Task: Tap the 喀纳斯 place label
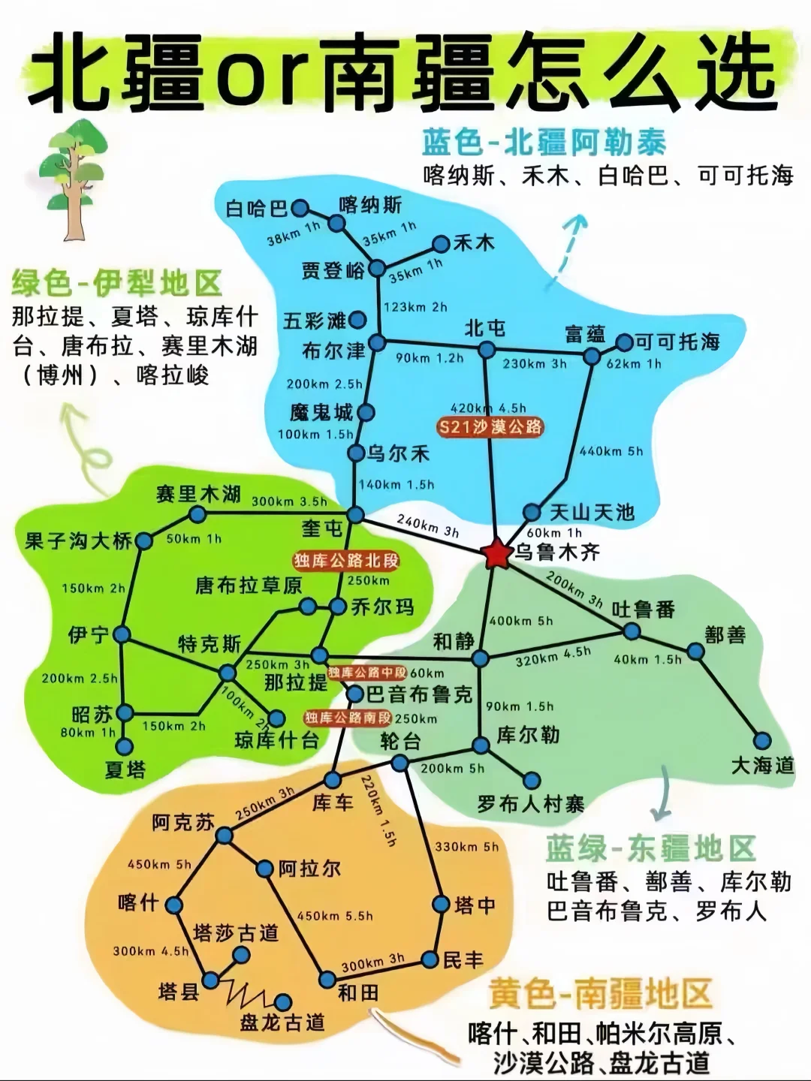coord(370,205)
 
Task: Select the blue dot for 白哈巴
coord(300,208)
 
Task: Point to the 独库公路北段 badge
coord(346,561)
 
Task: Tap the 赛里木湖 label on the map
coord(198,494)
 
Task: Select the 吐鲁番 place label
coord(644,609)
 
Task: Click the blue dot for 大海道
coord(762,740)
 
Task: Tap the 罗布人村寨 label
coord(531,804)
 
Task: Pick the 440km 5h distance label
coord(611,451)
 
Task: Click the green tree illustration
coord(73,176)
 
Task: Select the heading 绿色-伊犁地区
coord(117,285)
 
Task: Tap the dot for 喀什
coord(174,905)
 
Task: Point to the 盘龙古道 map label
coord(283,1022)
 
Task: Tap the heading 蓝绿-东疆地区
coord(650,849)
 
